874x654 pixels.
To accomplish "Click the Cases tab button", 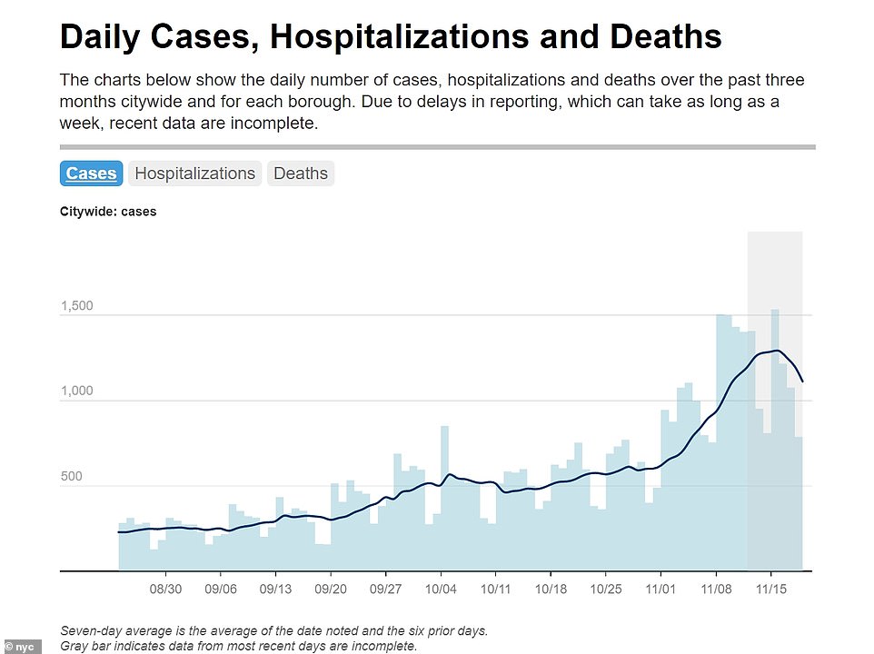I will point(91,173).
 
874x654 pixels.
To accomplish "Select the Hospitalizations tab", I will point(194,173).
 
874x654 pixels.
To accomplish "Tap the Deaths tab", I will point(300,173).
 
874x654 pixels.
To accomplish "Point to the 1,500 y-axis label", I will point(77,306).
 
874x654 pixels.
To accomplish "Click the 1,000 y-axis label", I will point(77,391).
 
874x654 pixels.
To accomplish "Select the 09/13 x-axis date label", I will point(276,589).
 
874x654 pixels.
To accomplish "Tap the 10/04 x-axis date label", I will point(441,589).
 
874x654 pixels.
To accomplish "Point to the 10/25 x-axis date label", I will point(606,589).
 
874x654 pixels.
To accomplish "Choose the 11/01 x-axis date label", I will point(660,589).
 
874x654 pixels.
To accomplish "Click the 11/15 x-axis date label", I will point(770,589).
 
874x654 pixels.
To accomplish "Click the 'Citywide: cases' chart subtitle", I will point(108,212).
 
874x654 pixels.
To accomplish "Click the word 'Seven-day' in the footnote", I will point(89,630).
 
